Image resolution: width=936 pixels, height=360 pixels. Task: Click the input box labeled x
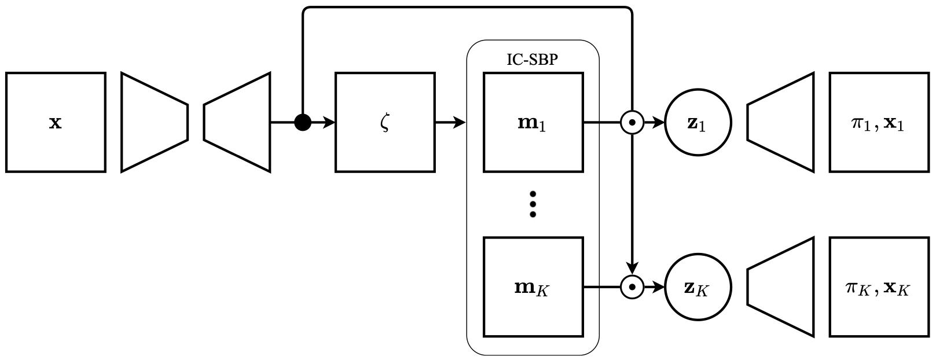(56, 122)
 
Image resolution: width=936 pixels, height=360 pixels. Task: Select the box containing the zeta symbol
(385, 122)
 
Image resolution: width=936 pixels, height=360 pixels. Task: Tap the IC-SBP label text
(532, 60)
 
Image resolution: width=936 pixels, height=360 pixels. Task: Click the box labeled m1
(533, 122)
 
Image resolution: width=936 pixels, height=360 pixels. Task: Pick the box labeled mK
(533, 286)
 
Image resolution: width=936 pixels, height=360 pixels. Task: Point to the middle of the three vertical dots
(533, 204)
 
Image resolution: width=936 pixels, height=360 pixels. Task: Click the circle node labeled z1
(698, 122)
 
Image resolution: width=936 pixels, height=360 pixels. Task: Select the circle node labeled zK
(698, 286)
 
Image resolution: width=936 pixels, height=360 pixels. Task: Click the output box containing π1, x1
(879, 122)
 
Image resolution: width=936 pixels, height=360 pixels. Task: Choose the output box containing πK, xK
(879, 286)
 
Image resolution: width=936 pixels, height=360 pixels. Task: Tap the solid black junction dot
(303, 122)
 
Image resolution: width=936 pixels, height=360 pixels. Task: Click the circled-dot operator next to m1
(632, 122)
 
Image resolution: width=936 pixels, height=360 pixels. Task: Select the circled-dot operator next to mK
(632, 286)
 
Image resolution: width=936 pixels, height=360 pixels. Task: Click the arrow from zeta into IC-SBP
(450, 122)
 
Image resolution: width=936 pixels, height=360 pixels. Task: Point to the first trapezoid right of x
(154, 122)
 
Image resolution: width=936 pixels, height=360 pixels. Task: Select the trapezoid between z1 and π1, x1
(781, 122)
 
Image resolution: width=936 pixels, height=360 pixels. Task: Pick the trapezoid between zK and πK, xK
(781, 286)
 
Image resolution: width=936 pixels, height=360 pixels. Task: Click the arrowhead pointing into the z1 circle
(659, 122)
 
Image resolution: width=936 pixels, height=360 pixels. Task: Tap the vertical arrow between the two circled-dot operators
(632, 203)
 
